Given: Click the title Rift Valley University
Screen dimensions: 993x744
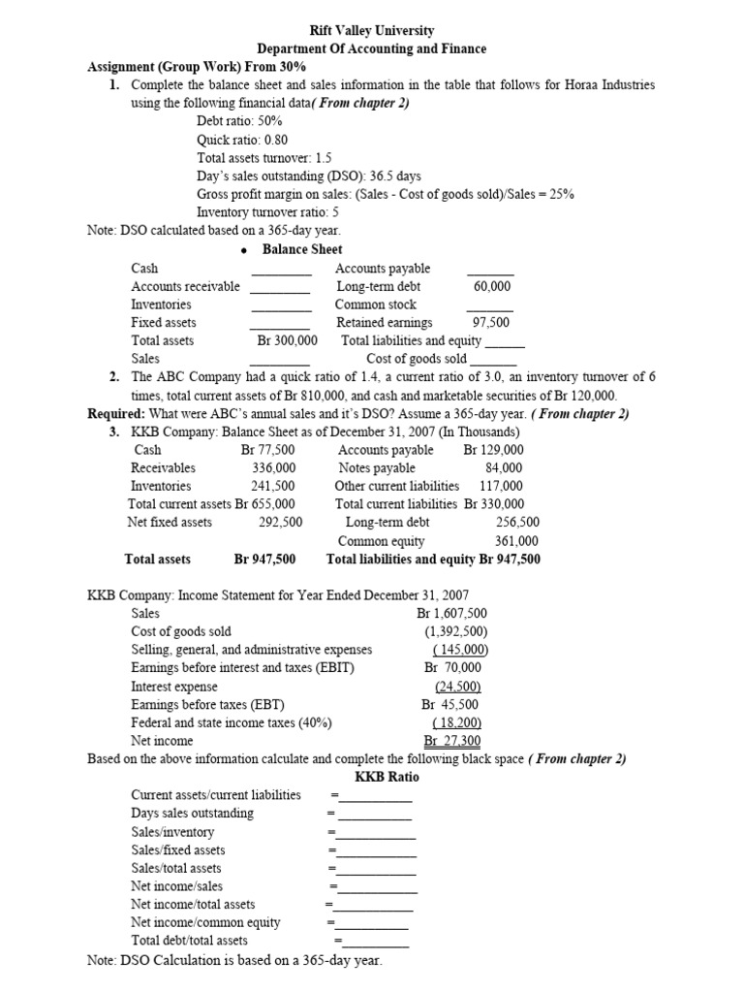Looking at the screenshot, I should tap(371, 31).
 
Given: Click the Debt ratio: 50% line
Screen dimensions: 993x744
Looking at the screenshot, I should tap(239, 120).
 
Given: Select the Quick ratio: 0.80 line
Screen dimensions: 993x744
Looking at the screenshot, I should tap(242, 139).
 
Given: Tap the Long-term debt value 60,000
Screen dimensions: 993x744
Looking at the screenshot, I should tap(492, 286).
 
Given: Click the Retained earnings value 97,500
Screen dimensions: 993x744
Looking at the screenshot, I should tap(490, 322).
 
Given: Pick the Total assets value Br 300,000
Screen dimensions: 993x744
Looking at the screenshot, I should tap(287, 340).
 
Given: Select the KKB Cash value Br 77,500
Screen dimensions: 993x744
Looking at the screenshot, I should tap(267, 450).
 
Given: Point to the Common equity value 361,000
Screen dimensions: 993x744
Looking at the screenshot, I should tap(516, 541).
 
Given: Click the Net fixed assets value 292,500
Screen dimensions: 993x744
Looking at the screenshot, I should tap(281, 522).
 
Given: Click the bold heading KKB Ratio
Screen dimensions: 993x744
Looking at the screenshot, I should tap(387, 777).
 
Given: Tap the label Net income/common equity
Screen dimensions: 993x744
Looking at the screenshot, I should tap(205, 922).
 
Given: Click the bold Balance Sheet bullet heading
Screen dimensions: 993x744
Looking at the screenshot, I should tap(301, 249).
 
